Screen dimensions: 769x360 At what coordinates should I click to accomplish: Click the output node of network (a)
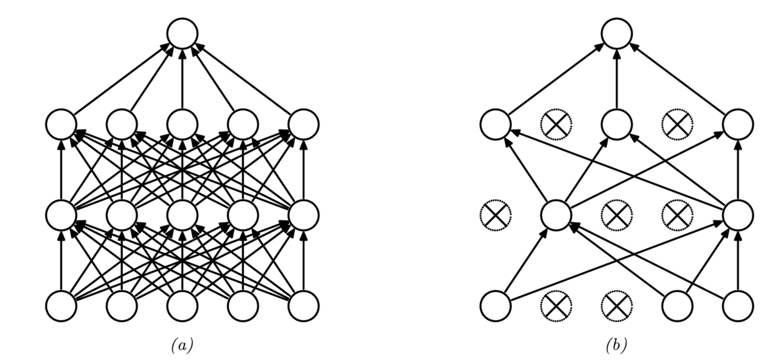(182, 33)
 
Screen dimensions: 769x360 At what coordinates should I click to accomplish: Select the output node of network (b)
(616, 33)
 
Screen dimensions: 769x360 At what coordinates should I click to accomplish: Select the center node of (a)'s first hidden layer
(182, 215)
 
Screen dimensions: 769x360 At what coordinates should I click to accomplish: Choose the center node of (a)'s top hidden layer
(182, 124)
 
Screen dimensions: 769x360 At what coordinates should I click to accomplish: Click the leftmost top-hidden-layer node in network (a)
(61, 124)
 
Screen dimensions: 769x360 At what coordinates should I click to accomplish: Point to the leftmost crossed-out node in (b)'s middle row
(495, 215)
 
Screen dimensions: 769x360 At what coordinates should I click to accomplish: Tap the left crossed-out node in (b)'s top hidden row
(556, 124)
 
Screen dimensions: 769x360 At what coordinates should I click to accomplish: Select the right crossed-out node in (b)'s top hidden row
(677, 124)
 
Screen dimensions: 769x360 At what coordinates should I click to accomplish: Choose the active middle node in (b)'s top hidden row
(616, 124)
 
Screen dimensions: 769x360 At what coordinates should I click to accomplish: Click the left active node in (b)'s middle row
(556, 215)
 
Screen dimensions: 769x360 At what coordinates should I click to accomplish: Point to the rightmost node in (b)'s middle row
(738, 215)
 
